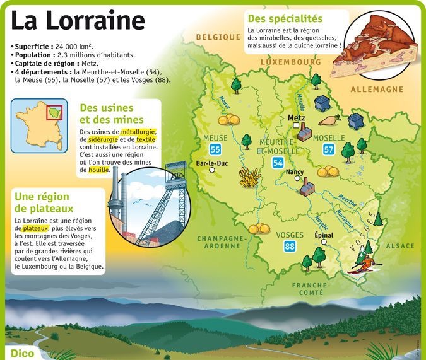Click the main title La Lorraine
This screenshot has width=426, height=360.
pyautogui.click(x=78, y=22)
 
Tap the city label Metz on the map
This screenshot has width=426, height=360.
pyautogui.click(x=296, y=118)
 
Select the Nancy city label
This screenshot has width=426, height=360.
pyautogui.click(x=295, y=171)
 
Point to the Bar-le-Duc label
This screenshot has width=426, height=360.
pyautogui.click(x=211, y=163)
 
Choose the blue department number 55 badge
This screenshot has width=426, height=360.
pyautogui.click(x=216, y=149)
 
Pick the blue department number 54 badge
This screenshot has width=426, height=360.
pyautogui.click(x=278, y=163)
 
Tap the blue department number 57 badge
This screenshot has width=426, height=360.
pyautogui.click(x=328, y=149)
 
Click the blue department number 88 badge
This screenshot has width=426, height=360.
pyautogui.click(x=290, y=247)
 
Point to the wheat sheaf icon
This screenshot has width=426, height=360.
pyautogui.click(x=249, y=178)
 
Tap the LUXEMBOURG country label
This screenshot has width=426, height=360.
pyautogui.click(x=290, y=62)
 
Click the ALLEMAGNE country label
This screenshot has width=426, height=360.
pyautogui.click(x=376, y=90)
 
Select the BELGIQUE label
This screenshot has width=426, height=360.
pyautogui.click(x=218, y=37)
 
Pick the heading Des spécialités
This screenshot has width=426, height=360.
pyautogui.click(x=285, y=19)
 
